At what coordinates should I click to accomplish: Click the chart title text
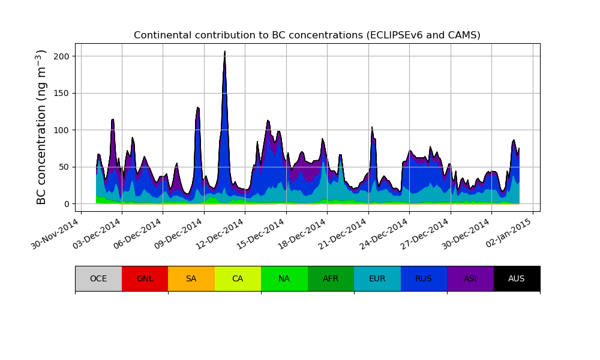tap(307, 35)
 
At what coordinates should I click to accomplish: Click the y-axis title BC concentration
tap(41, 127)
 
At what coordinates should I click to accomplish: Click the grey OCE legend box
tap(98, 278)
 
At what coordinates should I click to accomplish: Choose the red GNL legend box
tap(145, 278)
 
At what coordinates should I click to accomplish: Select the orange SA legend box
tap(191, 278)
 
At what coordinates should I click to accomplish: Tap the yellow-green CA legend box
tap(238, 278)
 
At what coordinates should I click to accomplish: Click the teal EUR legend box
tap(377, 278)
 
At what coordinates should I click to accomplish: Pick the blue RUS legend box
tap(424, 278)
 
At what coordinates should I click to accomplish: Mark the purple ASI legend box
tap(470, 278)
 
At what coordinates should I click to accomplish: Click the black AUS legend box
tap(517, 278)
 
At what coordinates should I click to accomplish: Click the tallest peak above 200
tap(225, 52)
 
